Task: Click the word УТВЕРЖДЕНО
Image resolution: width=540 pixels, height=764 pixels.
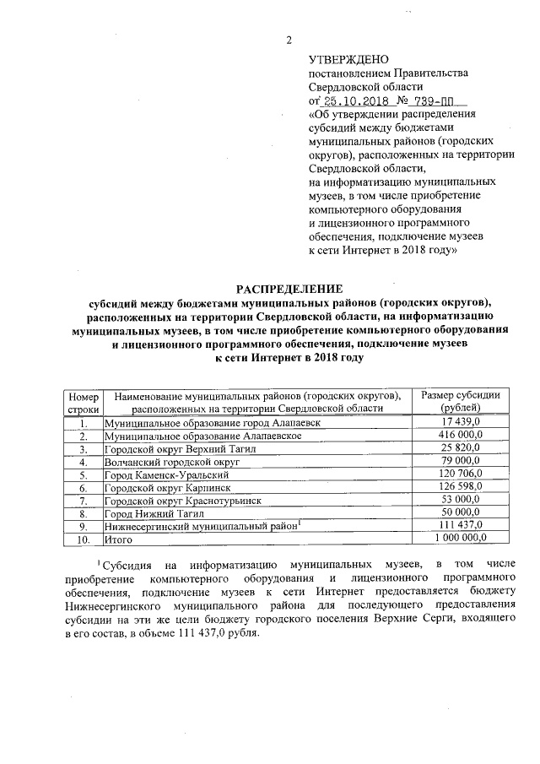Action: point(348,60)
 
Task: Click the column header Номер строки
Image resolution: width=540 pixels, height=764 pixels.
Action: point(84,401)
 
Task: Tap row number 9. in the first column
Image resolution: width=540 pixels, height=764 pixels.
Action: point(84,526)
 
